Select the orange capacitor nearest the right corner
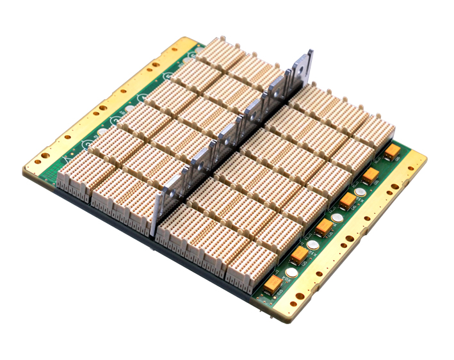click(x=392, y=150)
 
